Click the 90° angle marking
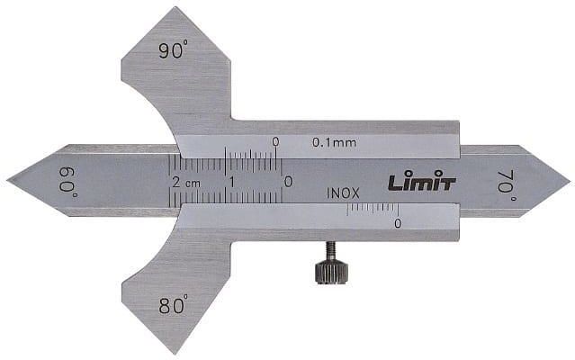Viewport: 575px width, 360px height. click(173, 49)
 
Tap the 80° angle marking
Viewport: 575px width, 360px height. click(173, 304)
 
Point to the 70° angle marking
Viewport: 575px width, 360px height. click(507, 182)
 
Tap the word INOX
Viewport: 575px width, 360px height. click(343, 193)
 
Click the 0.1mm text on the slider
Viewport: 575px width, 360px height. click(334, 142)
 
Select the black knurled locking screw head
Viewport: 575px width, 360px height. click(331, 272)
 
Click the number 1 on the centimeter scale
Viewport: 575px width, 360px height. click(232, 182)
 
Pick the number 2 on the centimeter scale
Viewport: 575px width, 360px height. click(176, 182)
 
